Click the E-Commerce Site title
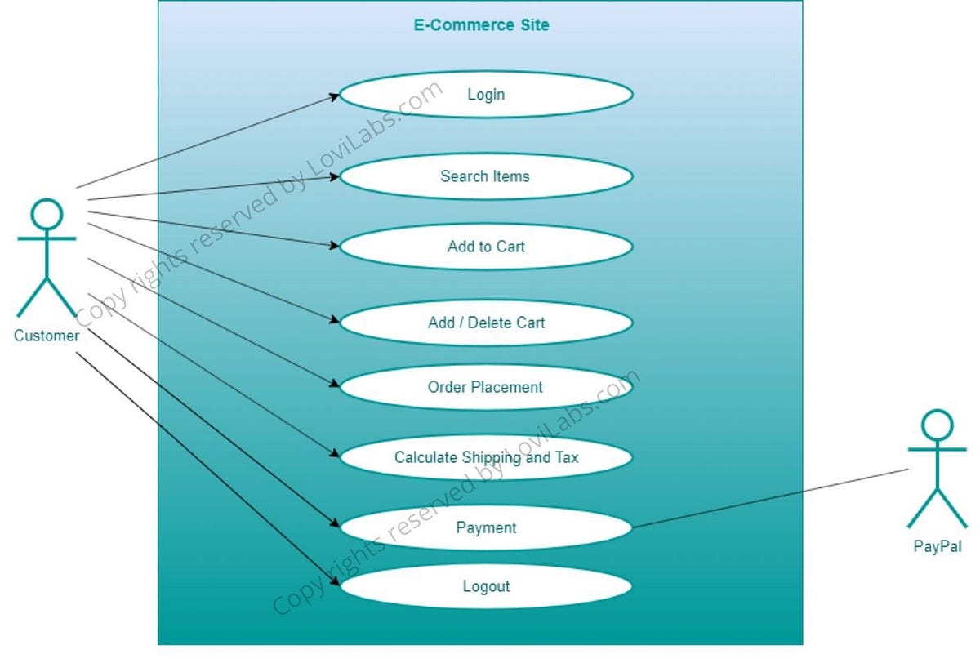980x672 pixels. [x=481, y=25]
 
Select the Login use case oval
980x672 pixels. [x=486, y=95]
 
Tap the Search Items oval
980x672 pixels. [x=486, y=176]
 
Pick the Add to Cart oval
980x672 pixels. [x=486, y=247]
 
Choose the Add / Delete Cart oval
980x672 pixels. [x=486, y=323]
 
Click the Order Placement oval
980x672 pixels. [x=486, y=387]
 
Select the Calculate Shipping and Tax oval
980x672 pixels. [x=486, y=457]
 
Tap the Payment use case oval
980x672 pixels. [x=486, y=527]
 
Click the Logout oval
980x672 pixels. [x=486, y=586]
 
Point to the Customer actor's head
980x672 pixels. [x=47, y=214]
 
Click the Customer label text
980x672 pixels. [x=47, y=336]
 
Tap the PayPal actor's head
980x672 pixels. [x=937, y=425]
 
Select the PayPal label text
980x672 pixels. [x=937, y=547]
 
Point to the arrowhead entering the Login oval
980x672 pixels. [x=335, y=96]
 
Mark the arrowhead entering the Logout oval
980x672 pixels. [x=335, y=581]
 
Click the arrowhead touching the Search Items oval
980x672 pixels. [x=335, y=176]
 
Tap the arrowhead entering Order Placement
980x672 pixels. [x=334, y=385]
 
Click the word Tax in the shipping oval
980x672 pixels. [x=566, y=457]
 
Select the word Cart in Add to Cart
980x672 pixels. [x=510, y=247]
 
